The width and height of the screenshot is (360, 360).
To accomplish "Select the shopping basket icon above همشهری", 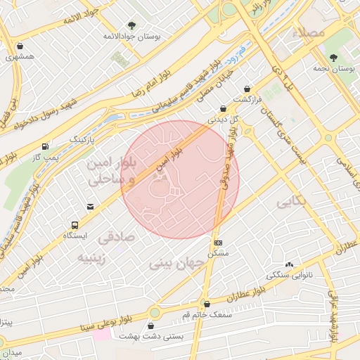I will click(x=20, y=47).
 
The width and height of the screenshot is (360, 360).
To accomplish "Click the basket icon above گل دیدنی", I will click(x=223, y=108).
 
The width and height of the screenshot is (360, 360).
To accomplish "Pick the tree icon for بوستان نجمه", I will click(x=333, y=57).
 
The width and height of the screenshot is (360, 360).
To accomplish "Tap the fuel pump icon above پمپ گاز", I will click(x=46, y=146).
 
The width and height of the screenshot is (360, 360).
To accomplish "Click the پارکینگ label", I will click(x=84, y=140).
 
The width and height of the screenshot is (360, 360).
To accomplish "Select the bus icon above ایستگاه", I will click(x=74, y=225).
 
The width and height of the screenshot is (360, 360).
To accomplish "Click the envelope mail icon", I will click(x=90, y=206).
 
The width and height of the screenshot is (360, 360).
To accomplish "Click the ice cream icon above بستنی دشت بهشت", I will click(x=153, y=326).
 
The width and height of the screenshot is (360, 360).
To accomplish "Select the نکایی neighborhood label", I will click(x=292, y=202).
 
